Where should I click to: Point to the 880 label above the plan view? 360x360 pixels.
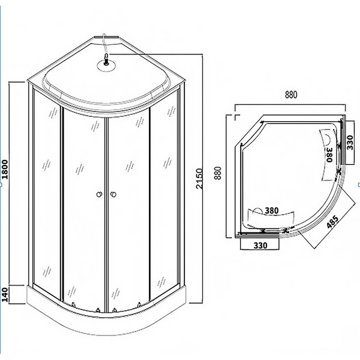pos(290,95)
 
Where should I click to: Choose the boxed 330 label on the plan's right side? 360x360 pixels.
pos(350,145)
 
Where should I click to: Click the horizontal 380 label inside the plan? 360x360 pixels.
pos(271,211)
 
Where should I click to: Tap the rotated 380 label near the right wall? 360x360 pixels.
pos(328,153)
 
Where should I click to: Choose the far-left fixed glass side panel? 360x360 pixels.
pos(46,189)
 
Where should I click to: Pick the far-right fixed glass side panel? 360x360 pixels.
pos(167,189)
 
